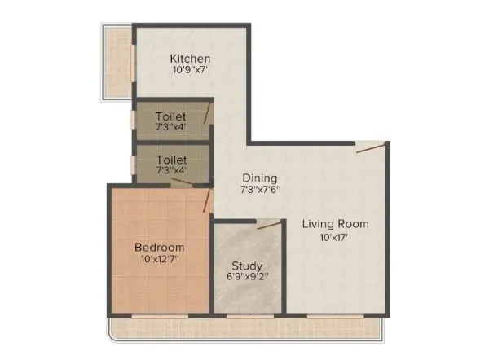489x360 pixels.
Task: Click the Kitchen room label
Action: coord(191,59)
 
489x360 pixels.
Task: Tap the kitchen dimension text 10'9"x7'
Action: coord(191,71)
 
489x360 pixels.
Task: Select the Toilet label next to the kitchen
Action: coord(171,116)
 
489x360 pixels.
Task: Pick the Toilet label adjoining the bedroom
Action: coord(171,160)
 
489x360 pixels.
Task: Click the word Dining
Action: coord(260,178)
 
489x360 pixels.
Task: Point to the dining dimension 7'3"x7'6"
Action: coord(260,190)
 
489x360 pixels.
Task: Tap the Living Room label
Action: coord(336,223)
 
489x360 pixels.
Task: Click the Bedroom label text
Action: coord(159,247)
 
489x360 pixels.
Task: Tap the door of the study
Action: coord(266,224)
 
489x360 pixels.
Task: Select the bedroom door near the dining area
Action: coord(208,198)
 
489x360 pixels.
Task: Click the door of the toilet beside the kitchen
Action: coord(208,113)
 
